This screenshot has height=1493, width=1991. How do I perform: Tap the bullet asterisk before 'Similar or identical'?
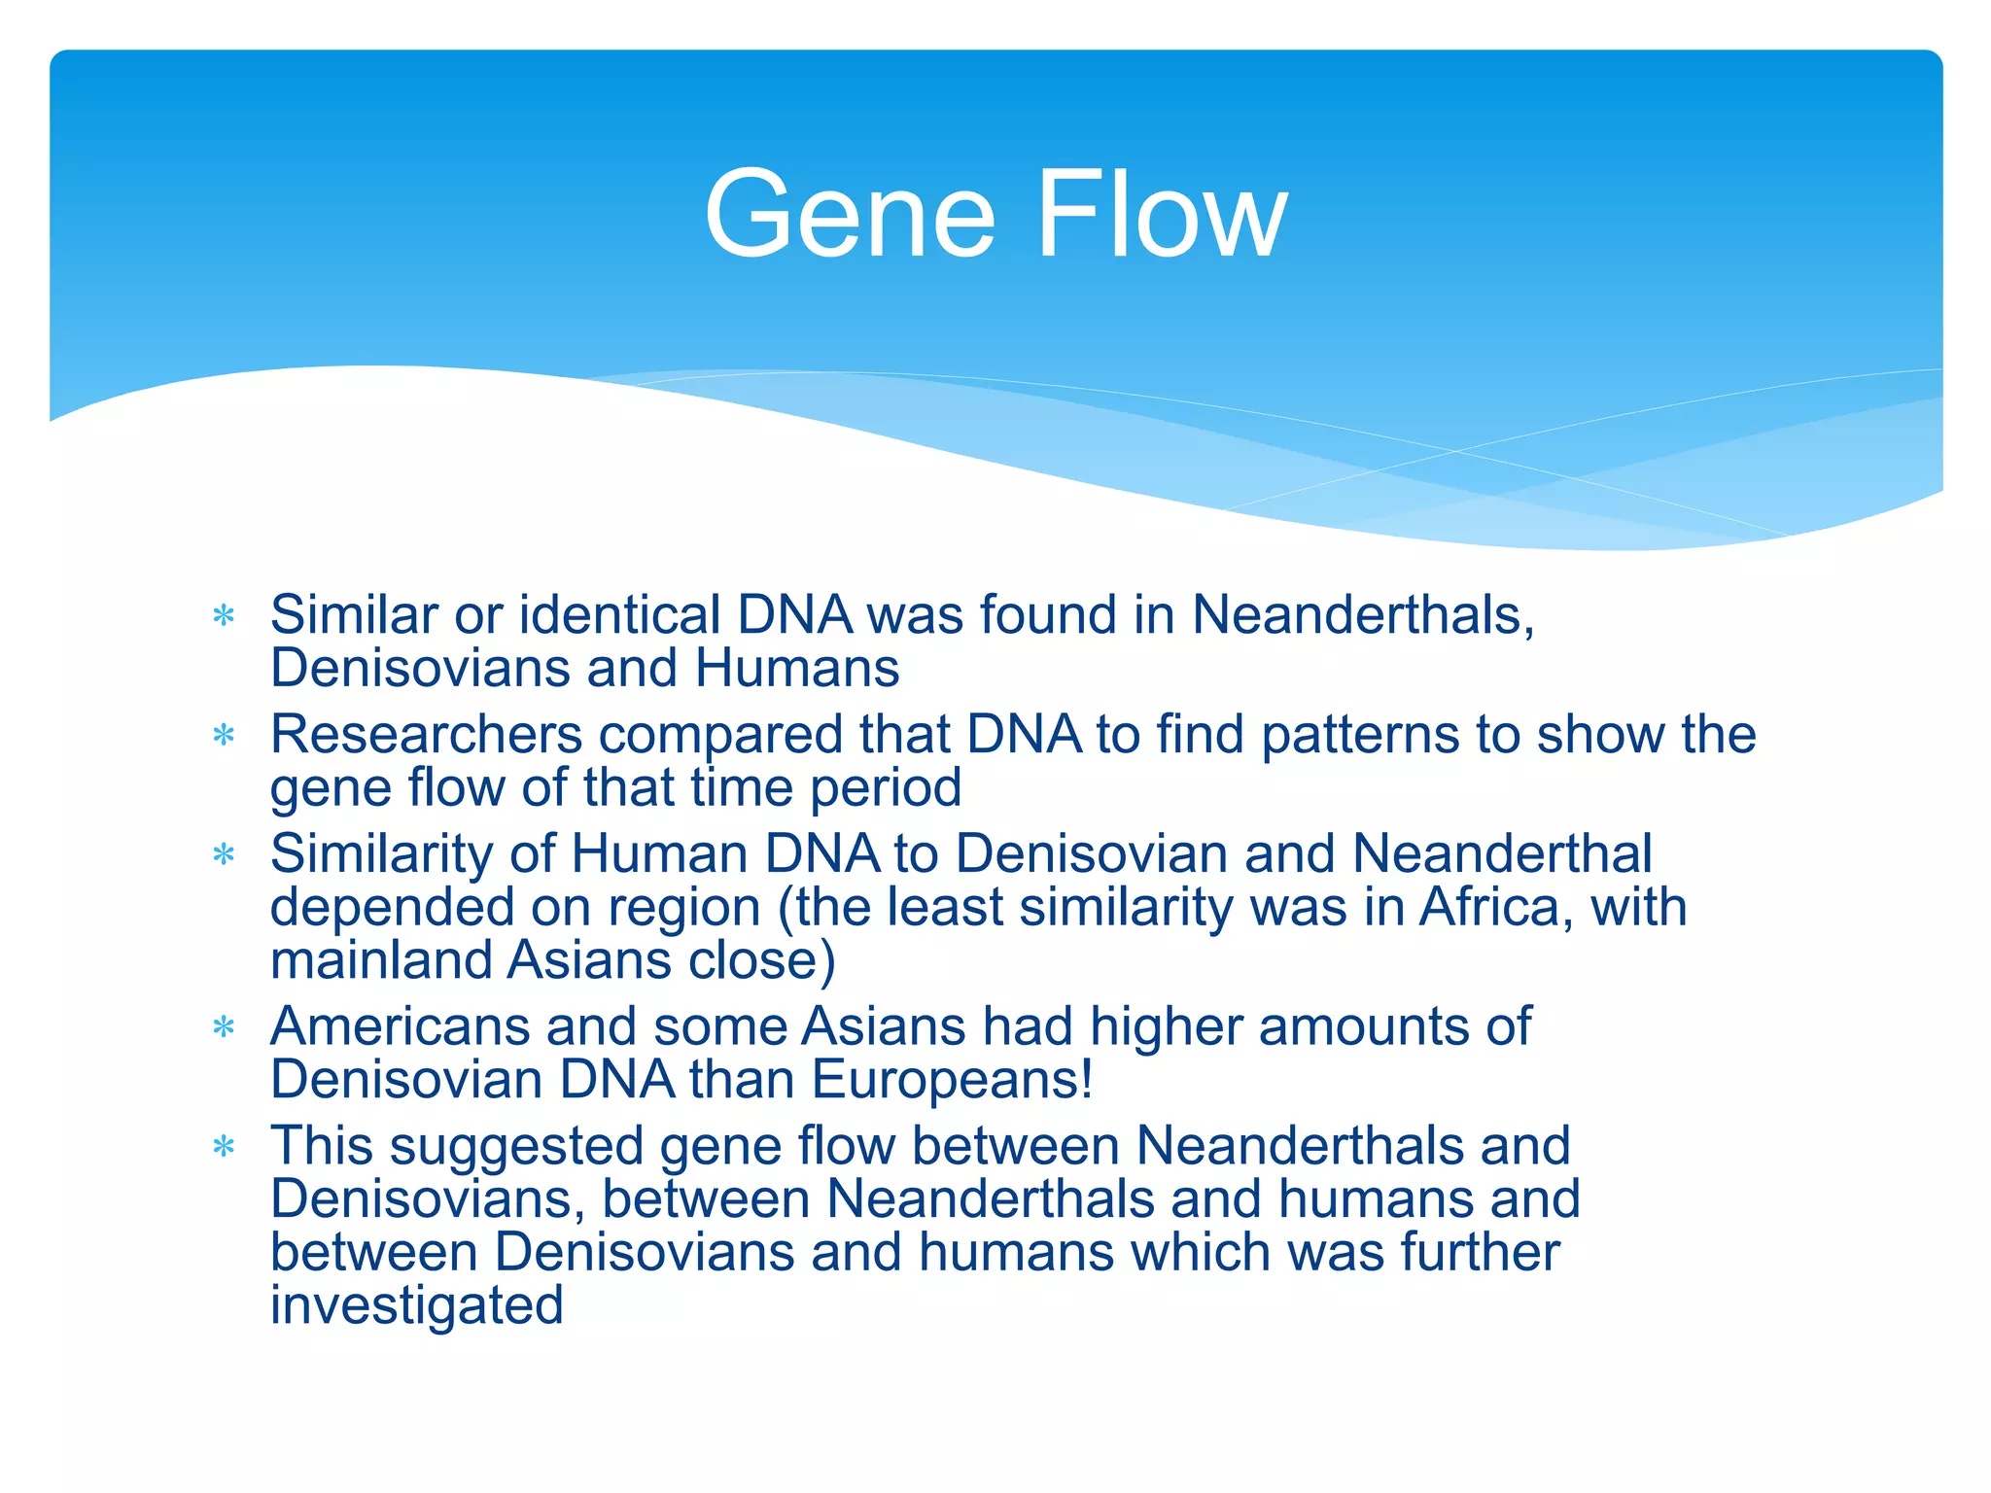click(x=224, y=616)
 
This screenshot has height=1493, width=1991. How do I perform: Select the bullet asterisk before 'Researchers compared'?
click(x=224, y=736)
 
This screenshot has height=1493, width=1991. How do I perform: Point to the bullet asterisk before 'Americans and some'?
click(x=224, y=1027)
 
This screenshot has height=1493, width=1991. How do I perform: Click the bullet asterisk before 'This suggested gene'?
click(x=224, y=1147)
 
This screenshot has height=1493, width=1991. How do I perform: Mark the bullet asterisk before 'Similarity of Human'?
click(x=224, y=855)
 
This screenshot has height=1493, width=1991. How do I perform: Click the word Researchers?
click(x=426, y=734)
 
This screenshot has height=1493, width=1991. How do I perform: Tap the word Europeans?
click(x=952, y=1080)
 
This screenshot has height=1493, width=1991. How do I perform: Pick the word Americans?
click(x=400, y=1026)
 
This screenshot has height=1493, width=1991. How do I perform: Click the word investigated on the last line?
click(x=416, y=1305)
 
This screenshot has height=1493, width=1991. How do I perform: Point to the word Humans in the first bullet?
click(x=797, y=669)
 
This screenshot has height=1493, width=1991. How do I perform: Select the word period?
click(x=886, y=788)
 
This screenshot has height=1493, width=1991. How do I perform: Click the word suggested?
click(x=516, y=1147)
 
